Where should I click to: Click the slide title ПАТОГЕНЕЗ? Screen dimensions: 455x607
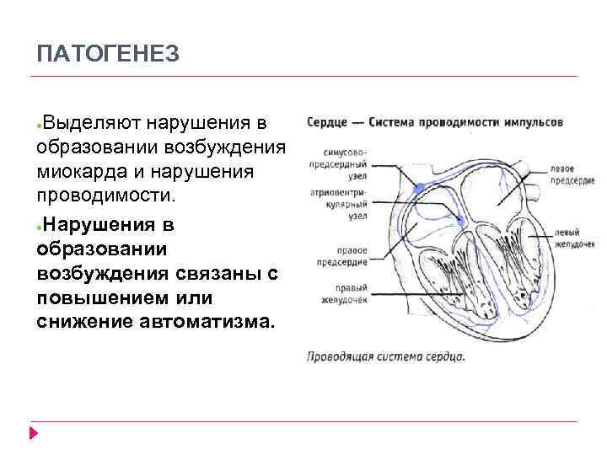108,55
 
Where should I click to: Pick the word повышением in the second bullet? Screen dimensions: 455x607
109,298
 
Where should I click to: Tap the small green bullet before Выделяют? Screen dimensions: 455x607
40,126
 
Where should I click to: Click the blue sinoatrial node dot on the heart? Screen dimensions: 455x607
420,189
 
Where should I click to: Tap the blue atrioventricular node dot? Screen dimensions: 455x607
460,222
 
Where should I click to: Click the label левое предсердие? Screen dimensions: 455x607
572,175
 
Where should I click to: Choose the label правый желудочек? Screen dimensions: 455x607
343,292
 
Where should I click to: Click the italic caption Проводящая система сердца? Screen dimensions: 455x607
385,356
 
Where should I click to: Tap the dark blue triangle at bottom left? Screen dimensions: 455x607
33,433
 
